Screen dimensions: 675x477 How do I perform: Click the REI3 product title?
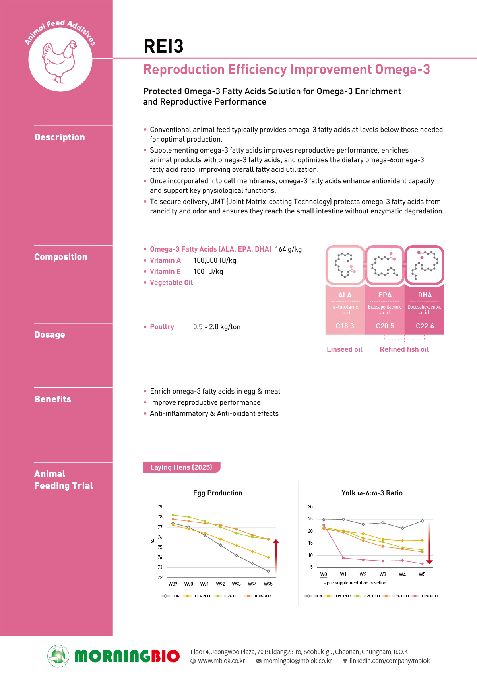click(x=163, y=47)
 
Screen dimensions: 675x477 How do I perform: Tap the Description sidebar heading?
click(x=60, y=137)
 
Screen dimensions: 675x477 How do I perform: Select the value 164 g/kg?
click(x=288, y=249)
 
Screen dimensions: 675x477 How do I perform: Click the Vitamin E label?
click(x=165, y=272)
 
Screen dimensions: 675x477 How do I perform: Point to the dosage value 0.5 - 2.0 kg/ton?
click(x=217, y=327)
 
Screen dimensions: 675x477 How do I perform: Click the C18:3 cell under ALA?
click(x=345, y=326)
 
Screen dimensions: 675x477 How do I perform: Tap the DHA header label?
click(x=425, y=295)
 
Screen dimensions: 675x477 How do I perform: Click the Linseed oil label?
click(x=344, y=349)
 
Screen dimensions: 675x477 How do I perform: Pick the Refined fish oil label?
click(x=404, y=349)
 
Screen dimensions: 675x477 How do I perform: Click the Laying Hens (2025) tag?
click(x=181, y=467)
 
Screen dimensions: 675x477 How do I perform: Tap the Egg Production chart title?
click(x=217, y=493)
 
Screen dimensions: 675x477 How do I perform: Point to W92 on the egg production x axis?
click(x=221, y=584)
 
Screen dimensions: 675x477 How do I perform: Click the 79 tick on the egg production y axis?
click(x=160, y=507)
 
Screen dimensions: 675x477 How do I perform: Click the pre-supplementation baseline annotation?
click(x=356, y=583)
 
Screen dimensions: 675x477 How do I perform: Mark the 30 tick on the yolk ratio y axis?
click(x=310, y=507)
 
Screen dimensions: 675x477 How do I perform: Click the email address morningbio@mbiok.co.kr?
click(x=297, y=661)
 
